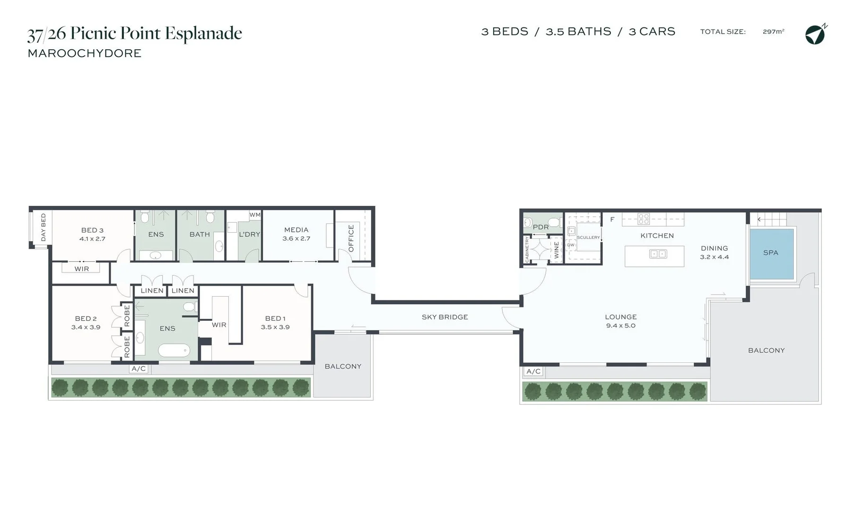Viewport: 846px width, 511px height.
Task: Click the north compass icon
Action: pyautogui.click(x=815, y=35)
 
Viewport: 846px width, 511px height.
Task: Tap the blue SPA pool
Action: pyautogui.click(x=771, y=254)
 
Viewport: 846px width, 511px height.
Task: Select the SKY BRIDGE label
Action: pyautogui.click(x=445, y=317)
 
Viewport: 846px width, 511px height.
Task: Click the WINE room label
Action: pyautogui.click(x=557, y=250)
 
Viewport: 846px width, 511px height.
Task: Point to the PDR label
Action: pyautogui.click(x=541, y=227)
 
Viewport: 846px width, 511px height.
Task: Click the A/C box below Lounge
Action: pyautogui.click(x=533, y=371)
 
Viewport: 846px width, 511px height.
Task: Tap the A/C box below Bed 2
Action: pyautogui.click(x=139, y=369)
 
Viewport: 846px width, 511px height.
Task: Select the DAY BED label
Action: pyautogui.click(x=44, y=227)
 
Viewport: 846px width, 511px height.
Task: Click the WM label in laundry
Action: pyautogui.click(x=255, y=215)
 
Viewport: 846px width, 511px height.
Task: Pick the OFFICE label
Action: pyautogui.click(x=351, y=238)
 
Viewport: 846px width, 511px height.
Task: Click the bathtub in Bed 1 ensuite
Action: pyautogui.click(x=174, y=351)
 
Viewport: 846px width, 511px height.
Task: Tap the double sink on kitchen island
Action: pyautogui.click(x=658, y=254)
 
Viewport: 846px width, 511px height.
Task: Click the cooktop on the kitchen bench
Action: pyautogui.click(x=644, y=219)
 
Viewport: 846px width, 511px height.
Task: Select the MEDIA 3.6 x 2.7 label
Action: pyautogui.click(x=297, y=234)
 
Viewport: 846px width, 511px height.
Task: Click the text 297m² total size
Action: pyautogui.click(x=773, y=32)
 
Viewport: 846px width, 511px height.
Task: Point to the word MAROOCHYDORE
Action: pyautogui.click(x=85, y=53)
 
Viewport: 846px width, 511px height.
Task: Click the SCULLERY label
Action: pyautogui.click(x=588, y=238)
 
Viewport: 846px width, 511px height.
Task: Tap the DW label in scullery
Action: pyautogui.click(x=571, y=245)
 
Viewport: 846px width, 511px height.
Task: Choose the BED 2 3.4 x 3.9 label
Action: pyautogui.click(x=86, y=323)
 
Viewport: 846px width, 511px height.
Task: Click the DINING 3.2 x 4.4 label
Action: pyautogui.click(x=714, y=252)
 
